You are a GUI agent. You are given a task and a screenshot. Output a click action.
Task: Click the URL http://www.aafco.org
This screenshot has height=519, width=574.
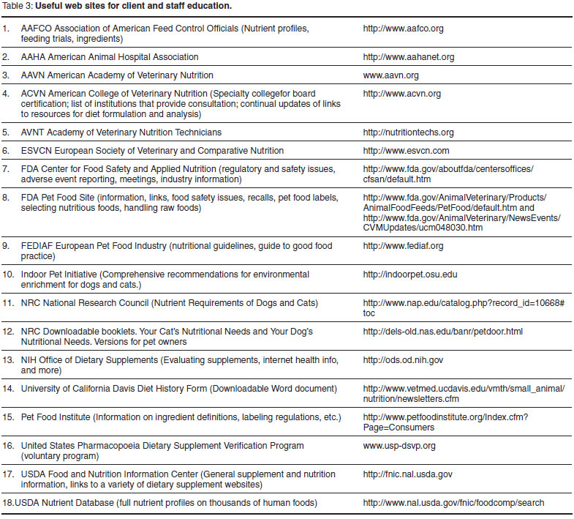click(x=403, y=29)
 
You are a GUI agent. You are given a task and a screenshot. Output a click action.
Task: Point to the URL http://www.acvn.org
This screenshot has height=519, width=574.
click(x=401, y=94)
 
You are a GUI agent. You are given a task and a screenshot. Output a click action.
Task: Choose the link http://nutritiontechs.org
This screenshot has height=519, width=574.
click(x=408, y=132)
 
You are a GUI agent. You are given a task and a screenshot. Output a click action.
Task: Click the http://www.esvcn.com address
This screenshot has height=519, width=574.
click(x=406, y=151)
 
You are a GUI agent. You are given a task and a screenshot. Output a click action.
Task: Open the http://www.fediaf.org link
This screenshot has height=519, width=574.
click(x=403, y=246)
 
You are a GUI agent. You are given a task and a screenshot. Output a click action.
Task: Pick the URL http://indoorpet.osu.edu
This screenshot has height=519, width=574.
click(x=409, y=275)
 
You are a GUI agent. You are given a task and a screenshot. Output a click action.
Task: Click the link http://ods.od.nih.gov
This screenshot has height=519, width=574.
click(x=403, y=360)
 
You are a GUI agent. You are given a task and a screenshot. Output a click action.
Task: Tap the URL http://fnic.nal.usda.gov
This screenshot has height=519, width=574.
click(x=407, y=474)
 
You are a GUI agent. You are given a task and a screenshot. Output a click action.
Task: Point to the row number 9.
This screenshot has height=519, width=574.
click(x=7, y=246)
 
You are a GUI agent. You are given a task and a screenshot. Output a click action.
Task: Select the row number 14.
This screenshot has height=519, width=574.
click(x=9, y=389)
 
